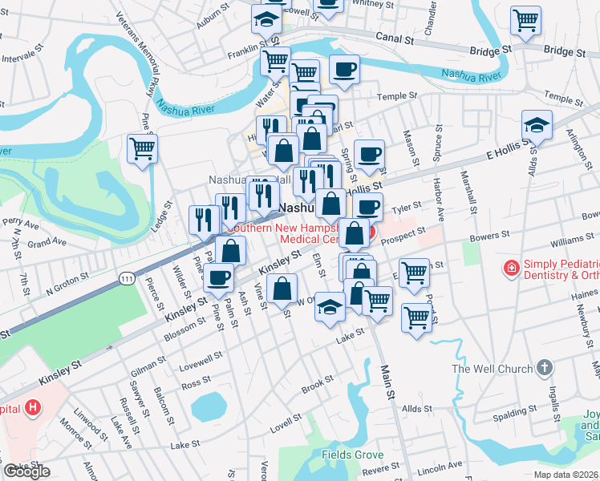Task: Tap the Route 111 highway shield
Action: point(126,277)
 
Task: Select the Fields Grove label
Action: point(352,455)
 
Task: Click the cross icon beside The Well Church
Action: point(545,368)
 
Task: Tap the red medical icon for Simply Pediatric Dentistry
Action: point(510,267)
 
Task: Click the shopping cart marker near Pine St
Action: point(142,148)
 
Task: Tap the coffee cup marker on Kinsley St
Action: point(217,277)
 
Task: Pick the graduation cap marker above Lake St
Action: point(329,307)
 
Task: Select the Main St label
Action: point(387,380)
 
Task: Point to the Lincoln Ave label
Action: point(440,466)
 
